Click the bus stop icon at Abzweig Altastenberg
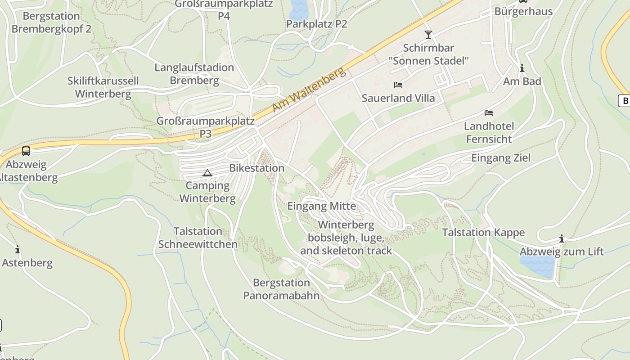tap(26, 151)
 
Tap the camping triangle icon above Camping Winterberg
tap(207, 173)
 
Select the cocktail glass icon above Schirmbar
tap(428, 34)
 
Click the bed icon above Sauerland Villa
tap(398, 85)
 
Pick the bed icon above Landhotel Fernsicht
tap(489, 112)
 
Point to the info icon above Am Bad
tap(522, 68)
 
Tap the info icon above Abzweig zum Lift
tap(562, 238)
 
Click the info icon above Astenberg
tap(18, 249)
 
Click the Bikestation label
tap(256, 168)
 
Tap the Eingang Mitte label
tap(322, 206)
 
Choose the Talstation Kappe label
tap(483, 233)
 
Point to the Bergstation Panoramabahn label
tap(281, 289)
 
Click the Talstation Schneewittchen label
tap(198, 238)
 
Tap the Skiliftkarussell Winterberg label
tap(103, 87)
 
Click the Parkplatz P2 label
tap(317, 24)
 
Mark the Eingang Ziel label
tap(501, 158)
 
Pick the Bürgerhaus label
tap(523, 11)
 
